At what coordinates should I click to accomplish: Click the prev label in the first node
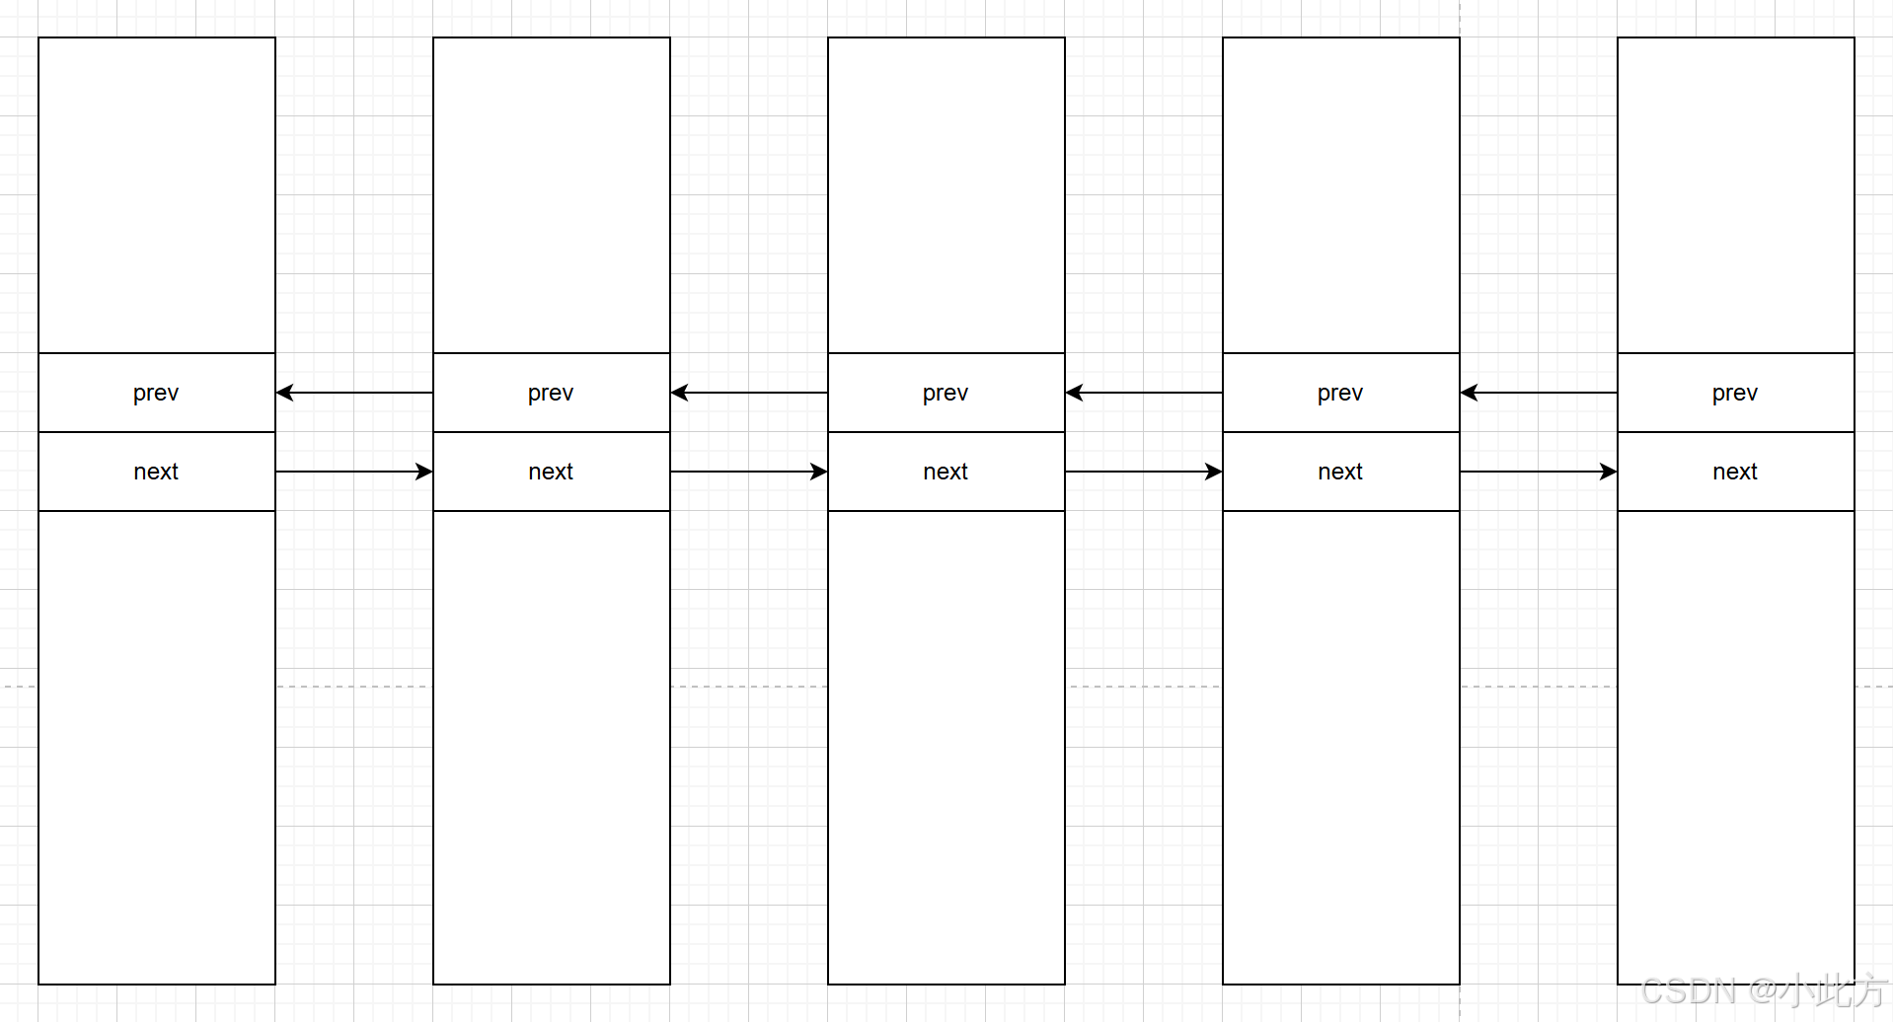click(x=156, y=394)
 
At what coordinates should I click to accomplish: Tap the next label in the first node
click(x=156, y=472)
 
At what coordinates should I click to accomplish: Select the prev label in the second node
click(x=551, y=394)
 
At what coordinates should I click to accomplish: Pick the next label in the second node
click(x=551, y=472)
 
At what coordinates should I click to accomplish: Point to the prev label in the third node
click(x=946, y=394)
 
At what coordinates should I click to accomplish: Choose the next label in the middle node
click(x=946, y=472)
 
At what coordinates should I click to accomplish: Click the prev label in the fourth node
click(x=1340, y=394)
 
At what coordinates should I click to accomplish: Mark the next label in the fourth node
click(x=1340, y=472)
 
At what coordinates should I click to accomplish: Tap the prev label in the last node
click(x=1735, y=394)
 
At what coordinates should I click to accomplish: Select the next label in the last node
click(x=1735, y=472)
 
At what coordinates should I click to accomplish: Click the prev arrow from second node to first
click(x=354, y=393)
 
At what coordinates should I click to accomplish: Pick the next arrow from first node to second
click(x=354, y=472)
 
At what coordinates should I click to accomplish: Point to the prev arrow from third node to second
click(x=749, y=393)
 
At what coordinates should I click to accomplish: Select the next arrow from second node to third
click(x=749, y=472)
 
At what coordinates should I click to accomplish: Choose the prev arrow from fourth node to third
click(x=1144, y=393)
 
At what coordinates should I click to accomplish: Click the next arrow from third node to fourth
click(x=1144, y=472)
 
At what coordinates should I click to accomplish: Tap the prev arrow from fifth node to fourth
click(x=1539, y=393)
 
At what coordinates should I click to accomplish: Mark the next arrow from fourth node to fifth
click(x=1539, y=472)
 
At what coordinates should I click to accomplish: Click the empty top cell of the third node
click(x=946, y=195)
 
